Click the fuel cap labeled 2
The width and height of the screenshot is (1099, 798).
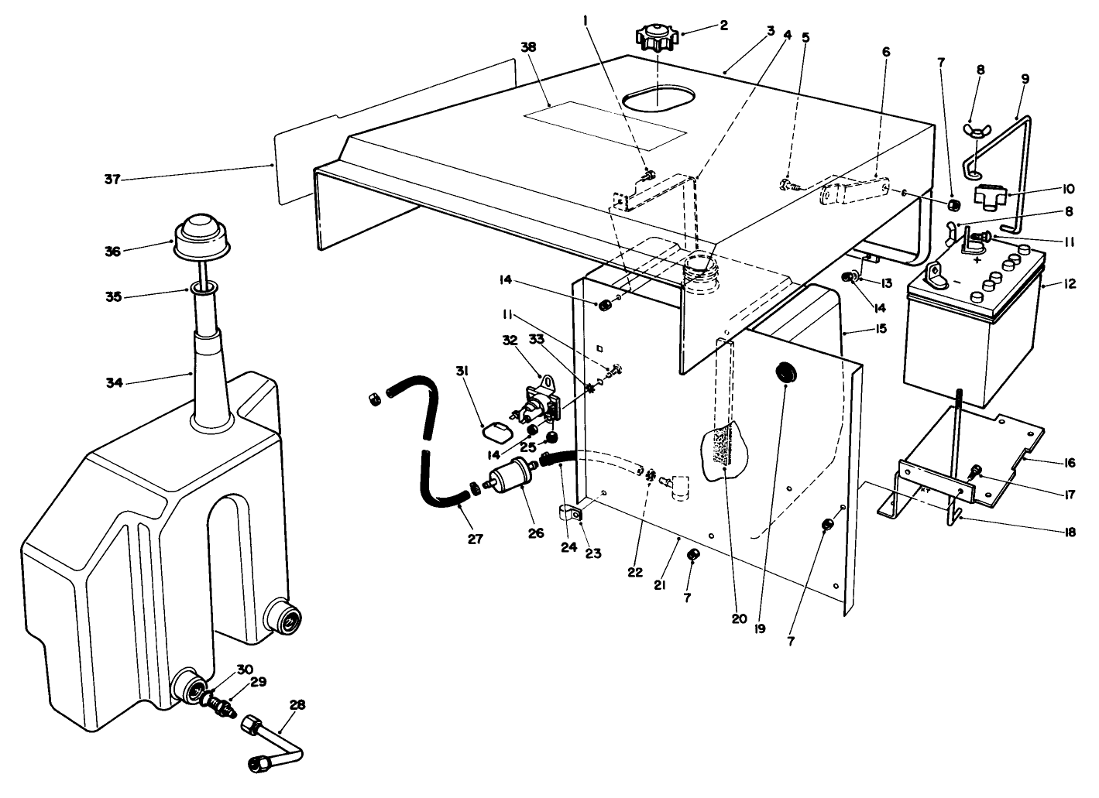pyautogui.click(x=657, y=37)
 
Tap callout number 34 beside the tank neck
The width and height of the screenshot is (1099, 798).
pyautogui.click(x=115, y=382)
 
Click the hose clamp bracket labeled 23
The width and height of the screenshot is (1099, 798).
pyautogui.click(x=572, y=512)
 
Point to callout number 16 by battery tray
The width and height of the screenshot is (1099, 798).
pyautogui.click(x=1070, y=463)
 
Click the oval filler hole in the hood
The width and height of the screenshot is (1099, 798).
pyautogui.click(x=658, y=101)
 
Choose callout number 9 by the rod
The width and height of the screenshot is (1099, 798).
pyautogui.click(x=1025, y=78)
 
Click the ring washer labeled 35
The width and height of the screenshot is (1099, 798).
pyautogui.click(x=204, y=289)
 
